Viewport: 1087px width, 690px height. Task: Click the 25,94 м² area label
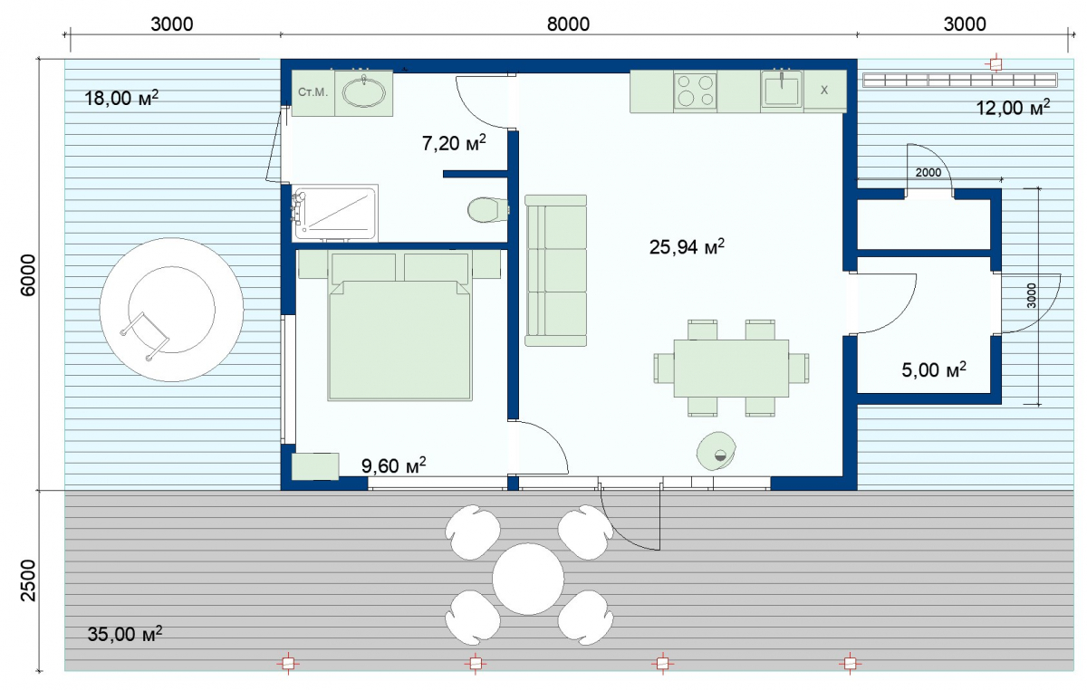point(687,246)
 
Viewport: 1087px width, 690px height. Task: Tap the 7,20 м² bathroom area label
point(454,143)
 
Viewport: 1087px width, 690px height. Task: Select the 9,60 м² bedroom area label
point(393,465)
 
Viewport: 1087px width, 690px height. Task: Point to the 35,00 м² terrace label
point(125,634)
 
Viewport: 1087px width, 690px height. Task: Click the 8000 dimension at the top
point(568,24)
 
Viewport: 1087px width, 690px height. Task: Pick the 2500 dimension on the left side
point(29,580)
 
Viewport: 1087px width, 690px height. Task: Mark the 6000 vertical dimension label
point(29,274)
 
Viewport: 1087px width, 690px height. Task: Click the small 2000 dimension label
point(928,172)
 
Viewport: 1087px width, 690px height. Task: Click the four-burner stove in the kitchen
point(695,91)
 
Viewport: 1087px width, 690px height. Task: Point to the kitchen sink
point(781,90)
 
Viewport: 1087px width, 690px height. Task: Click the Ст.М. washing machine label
point(313,92)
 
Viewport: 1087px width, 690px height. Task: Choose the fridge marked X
point(825,91)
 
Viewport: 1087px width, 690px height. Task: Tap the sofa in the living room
point(555,270)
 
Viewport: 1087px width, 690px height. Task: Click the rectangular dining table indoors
point(731,369)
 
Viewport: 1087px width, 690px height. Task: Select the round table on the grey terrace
point(528,579)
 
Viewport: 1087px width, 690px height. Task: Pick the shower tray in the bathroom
point(336,213)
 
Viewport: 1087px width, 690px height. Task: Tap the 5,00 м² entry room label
point(934,369)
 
